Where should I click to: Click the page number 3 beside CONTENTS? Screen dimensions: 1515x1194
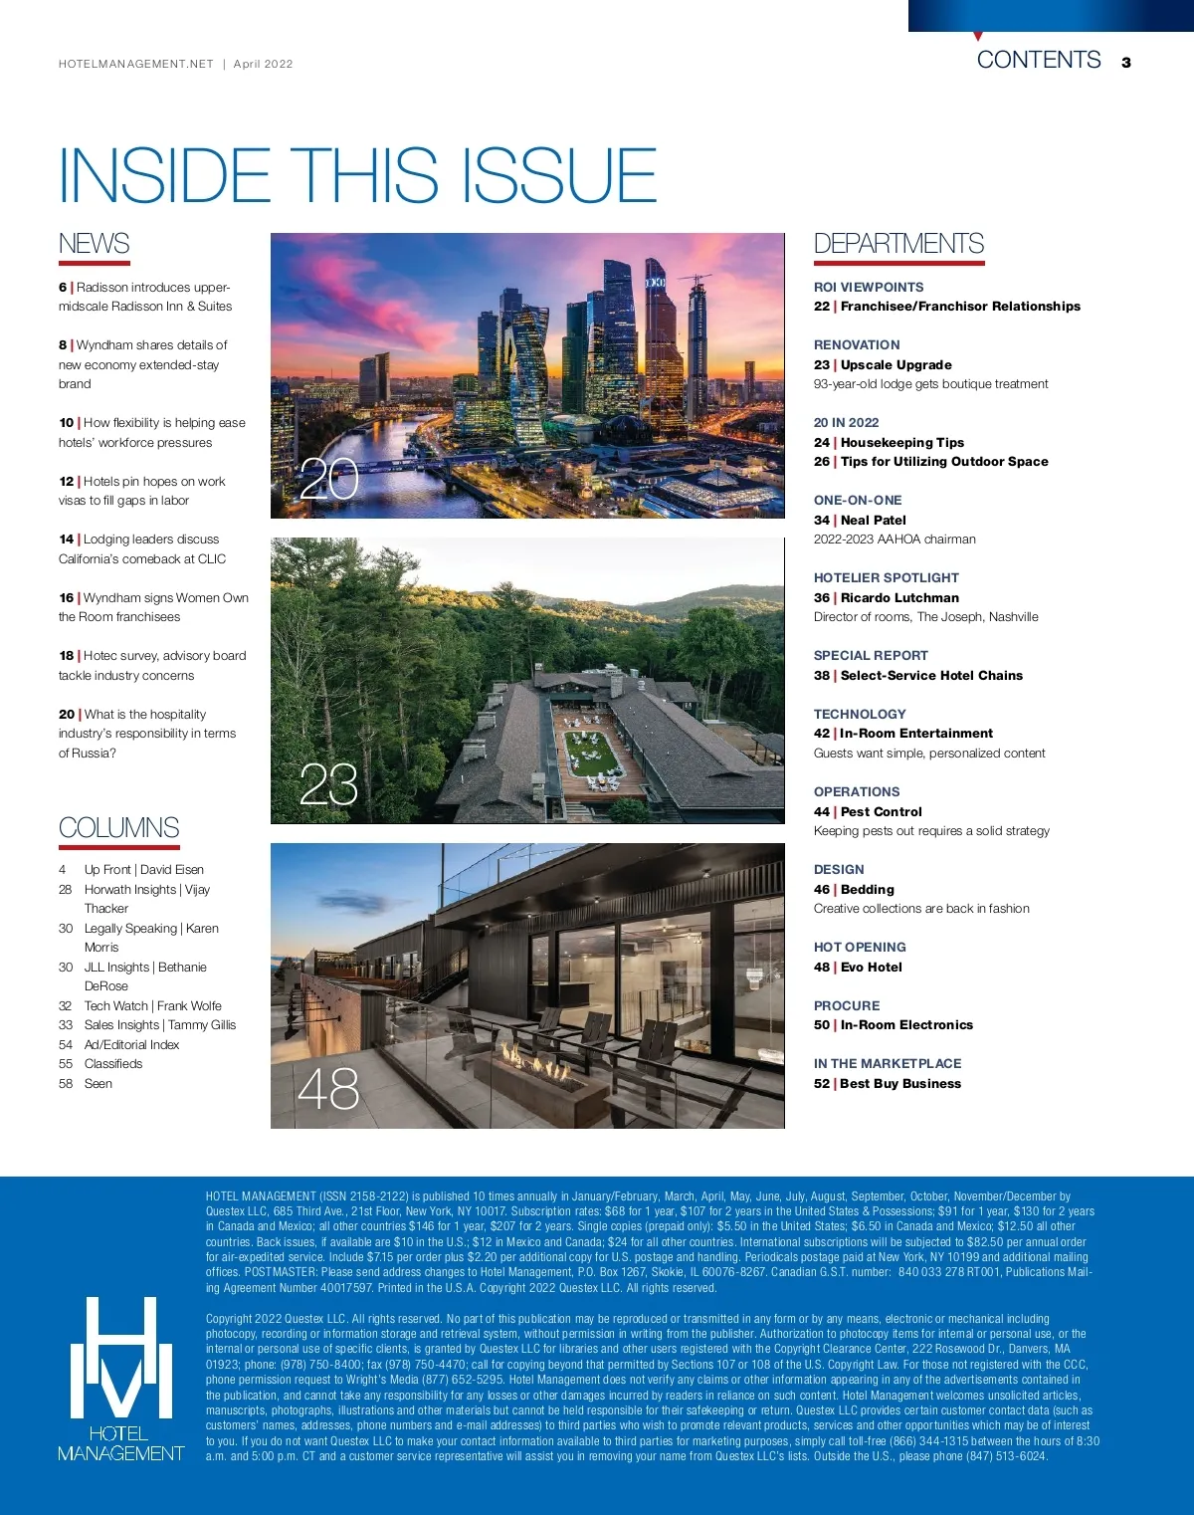(1125, 63)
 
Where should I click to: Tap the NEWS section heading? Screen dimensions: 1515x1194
(94, 244)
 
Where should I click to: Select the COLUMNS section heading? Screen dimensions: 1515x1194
(118, 828)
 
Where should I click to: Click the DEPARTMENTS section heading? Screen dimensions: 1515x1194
(898, 244)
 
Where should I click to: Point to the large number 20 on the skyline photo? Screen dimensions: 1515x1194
(328, 480)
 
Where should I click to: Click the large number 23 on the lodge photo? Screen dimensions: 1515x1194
(328, 785)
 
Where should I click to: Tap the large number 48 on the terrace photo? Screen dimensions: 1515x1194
(328, 1089)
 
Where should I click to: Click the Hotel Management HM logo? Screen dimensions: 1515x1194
(120, 1379)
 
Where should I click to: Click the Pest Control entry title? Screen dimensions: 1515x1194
(881, 811)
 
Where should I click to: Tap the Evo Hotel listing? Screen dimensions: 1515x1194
(871, 967)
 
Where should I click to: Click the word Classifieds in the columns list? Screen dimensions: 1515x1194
(113, 1063)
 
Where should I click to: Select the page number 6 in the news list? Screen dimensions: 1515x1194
(63, 287)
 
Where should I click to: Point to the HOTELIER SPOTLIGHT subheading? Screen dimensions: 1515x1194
(886, 577)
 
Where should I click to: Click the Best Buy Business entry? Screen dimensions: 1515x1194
(899, 1083)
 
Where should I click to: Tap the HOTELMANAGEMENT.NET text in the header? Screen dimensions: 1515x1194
(136, 64)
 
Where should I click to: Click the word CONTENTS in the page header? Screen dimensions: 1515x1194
(1039, 60)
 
